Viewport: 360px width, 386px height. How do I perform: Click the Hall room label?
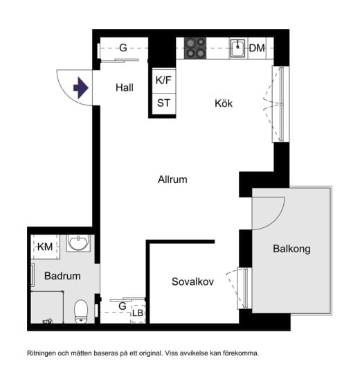point(125,88)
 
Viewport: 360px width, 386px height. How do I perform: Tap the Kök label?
point(223,104)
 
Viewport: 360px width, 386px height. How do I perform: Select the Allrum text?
point(172,179)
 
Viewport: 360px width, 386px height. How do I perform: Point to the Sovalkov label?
point(192,281)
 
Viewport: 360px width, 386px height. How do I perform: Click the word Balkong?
point(291,249)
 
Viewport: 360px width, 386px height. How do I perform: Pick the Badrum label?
point(62,276)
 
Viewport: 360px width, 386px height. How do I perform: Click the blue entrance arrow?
point(81,88)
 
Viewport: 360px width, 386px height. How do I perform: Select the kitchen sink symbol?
point(237,48)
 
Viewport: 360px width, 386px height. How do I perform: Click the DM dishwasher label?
point(257,48)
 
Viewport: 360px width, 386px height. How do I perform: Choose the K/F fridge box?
point(163,80)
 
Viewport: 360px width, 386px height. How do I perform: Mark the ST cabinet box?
point(163,103)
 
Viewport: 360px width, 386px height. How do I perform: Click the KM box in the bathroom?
point(45,247)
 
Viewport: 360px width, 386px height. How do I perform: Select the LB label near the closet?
point(138,314)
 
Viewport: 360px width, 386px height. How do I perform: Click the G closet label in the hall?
point(123,48)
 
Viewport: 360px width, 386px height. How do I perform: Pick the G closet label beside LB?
point(122,306)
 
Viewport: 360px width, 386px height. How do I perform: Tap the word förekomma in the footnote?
point(240,353)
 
